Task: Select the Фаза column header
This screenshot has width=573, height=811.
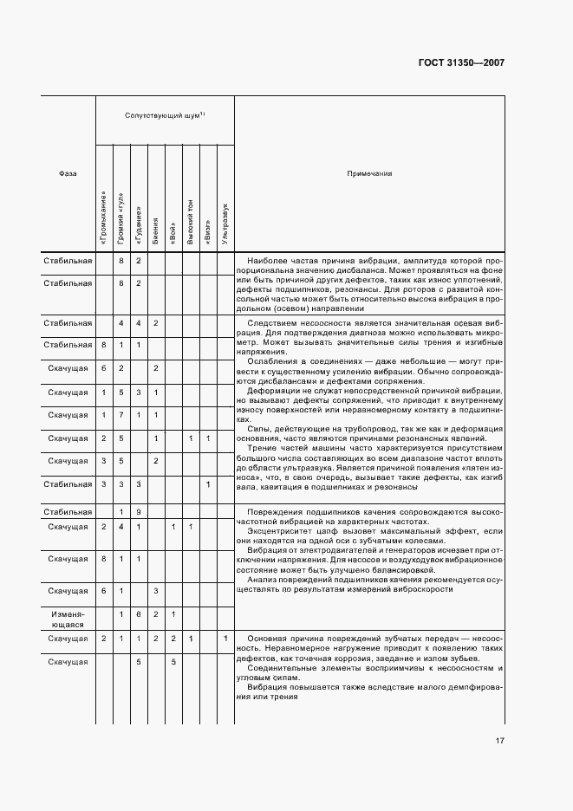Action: coord(68,173)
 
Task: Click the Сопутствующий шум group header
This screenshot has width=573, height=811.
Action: coord(164,115)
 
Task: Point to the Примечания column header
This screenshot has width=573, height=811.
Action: coord(369,173)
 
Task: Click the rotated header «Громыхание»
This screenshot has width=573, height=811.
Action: coord(104,217)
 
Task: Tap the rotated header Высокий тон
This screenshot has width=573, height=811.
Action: coord(191,221)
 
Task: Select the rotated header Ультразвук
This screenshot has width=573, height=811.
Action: coord(225,224)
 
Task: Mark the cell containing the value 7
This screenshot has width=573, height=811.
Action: coord(121,415)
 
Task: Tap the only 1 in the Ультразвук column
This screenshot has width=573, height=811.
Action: coord(225,639)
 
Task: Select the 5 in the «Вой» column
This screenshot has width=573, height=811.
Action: coord(173,662)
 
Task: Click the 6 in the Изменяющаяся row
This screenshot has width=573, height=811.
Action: coord(138,614)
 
